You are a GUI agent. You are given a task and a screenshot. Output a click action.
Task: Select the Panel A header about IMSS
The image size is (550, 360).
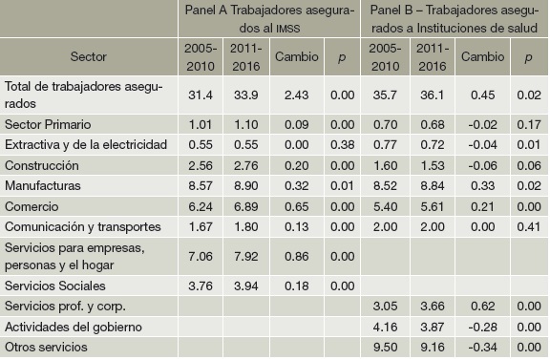tap(270, 18)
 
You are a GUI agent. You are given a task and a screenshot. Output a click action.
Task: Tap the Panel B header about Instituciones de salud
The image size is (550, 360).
tap(455, 18)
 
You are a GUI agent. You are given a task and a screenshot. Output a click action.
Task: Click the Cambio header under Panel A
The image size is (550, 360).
tap(297, 56)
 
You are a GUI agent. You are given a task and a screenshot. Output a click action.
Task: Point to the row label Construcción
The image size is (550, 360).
tap(44, 163)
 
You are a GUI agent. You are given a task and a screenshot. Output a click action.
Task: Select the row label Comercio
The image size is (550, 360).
tap(32, 205)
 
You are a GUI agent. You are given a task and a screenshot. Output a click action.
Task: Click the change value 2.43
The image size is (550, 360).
tap(297, 93)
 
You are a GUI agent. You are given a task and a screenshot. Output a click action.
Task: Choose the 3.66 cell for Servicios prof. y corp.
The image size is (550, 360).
tap(433, 306)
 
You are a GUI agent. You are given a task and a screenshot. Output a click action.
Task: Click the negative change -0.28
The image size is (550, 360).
tap(481, 327)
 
